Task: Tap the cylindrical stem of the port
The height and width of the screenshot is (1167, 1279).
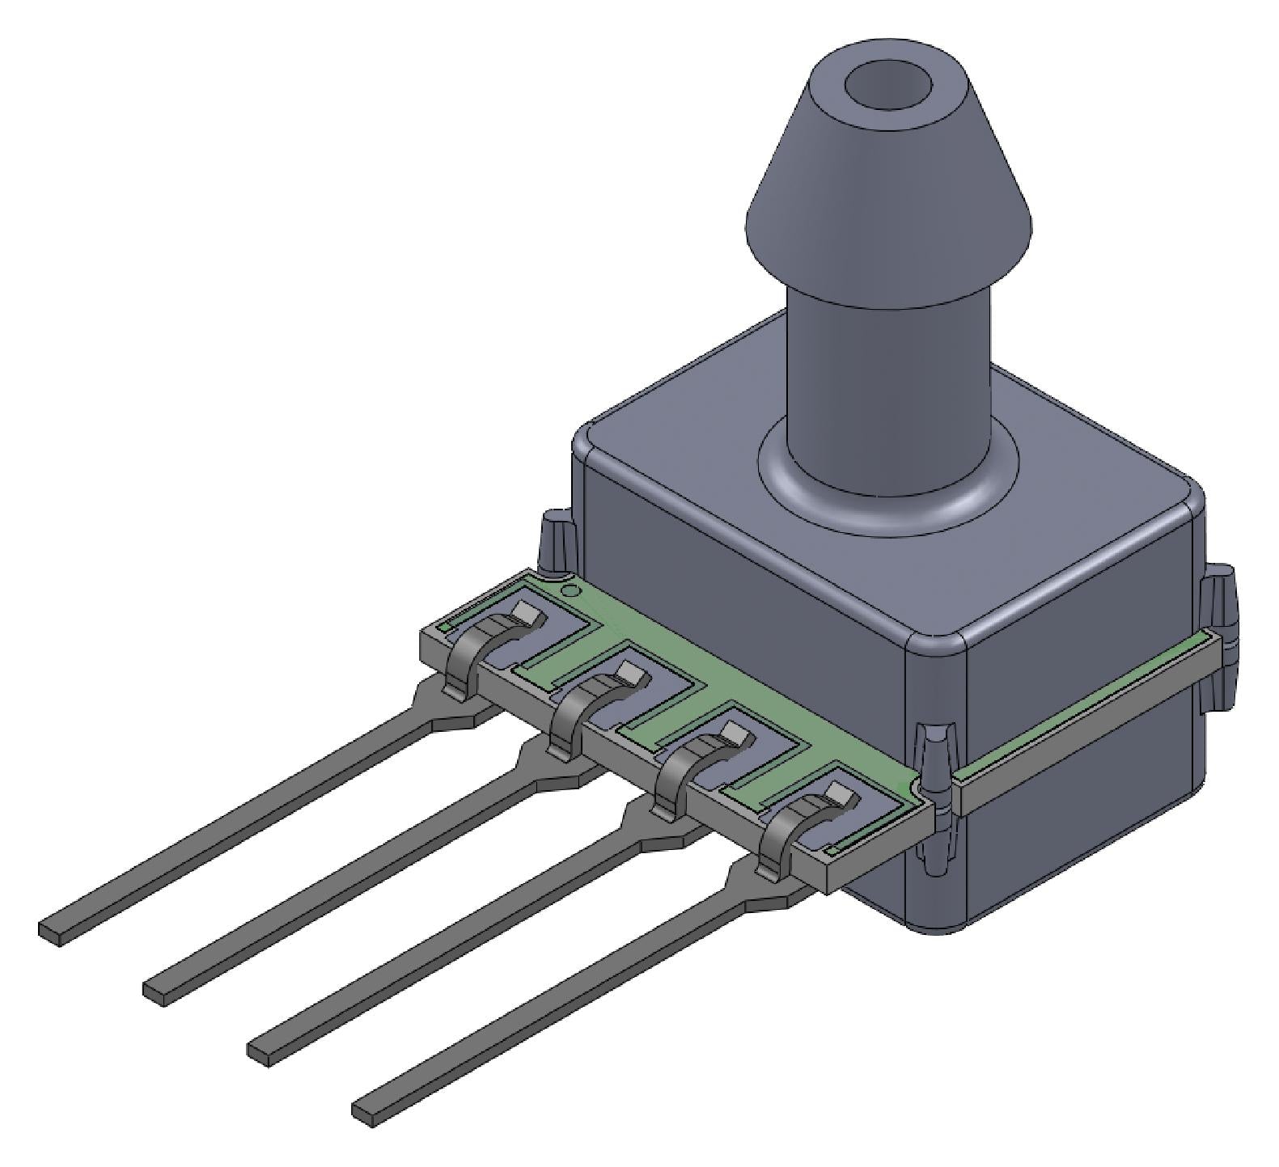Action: click(888, 380)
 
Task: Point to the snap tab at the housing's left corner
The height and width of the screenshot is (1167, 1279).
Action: click(557, 542)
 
